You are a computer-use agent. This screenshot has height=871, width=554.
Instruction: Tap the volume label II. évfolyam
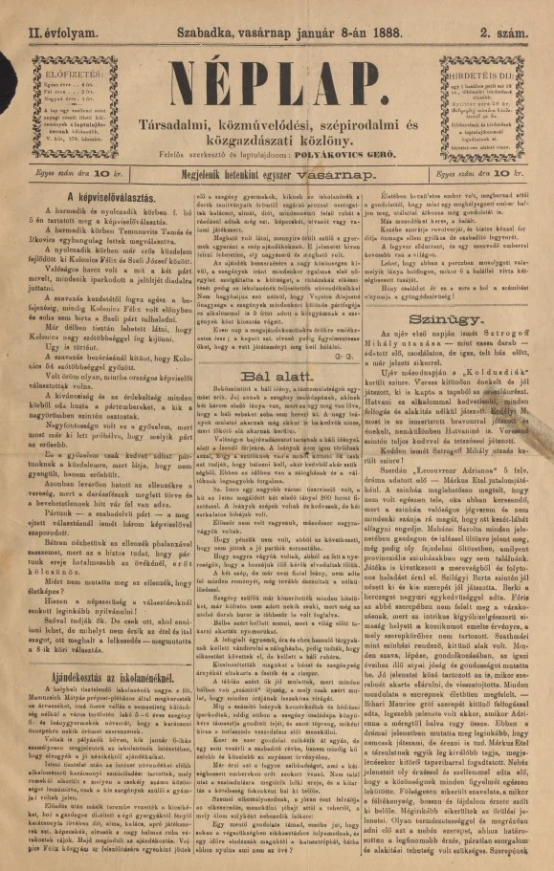tap(47, 11)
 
